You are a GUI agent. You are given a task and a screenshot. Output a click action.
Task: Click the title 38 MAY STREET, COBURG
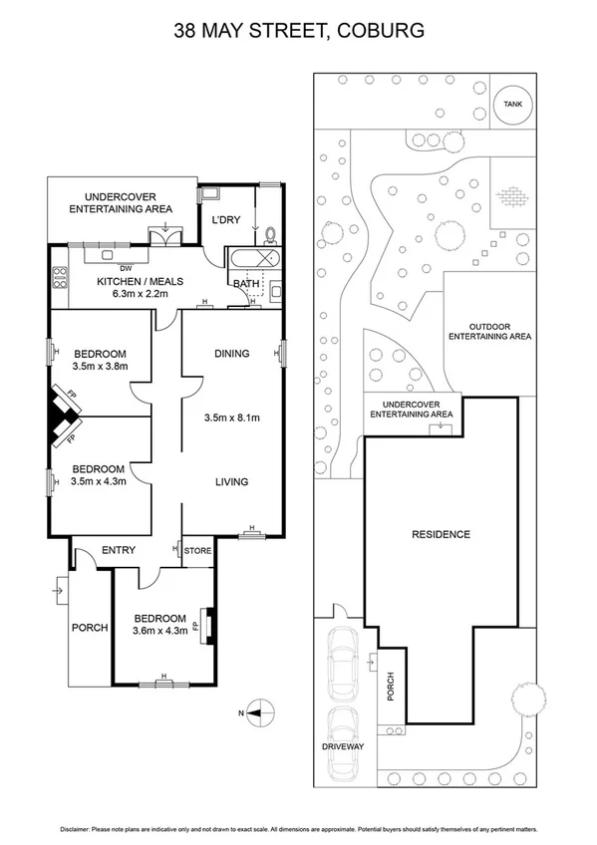pyautogui.click(x=299, y=31)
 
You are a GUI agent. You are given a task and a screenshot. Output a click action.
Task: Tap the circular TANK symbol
pyautogui.click(x=512, y=103)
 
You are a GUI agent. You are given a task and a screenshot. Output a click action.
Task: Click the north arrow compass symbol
pyautogui.click(x=259, y=711)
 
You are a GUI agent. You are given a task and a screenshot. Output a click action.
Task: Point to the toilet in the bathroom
pyautogui.click(x=271, y=236)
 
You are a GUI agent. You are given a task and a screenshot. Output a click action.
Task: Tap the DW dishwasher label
pyautogui.click(x=126, y=268)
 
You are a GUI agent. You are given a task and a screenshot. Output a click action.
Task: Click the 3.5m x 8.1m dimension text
pyautogui.click(x=230, y=418)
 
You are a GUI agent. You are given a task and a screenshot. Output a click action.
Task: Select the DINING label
pyautogui.click(x=231, y=354)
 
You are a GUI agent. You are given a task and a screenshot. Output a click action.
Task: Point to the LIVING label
pyautogui.click(x=231, y=482)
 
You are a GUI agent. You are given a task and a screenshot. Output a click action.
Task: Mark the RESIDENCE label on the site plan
pyautogui.click(x=441, y=534)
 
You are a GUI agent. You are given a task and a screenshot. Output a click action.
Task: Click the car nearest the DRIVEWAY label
pyautogui.click(x=342, y=739)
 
